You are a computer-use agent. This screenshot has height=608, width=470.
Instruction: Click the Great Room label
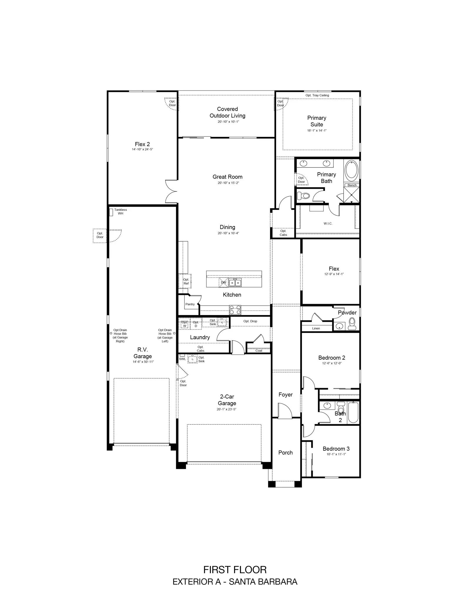pyautogui.click(x=227, y=177)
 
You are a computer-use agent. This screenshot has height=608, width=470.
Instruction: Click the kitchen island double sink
pyautogui.click(x=235, y=283)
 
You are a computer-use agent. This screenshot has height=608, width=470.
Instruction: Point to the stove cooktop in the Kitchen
pyautogui.click(x=235, y=310)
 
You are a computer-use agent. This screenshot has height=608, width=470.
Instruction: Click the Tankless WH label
pyautogui.click(x=120, y=211)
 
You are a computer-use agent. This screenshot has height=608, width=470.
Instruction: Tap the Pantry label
pyautogui.click(x=190, y=304)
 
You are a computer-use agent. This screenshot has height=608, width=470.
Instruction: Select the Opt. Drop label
pyautogui.click(x=250, y=321)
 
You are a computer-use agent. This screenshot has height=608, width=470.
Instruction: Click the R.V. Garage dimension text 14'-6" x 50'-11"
pyautogui.click(x=143, y=362)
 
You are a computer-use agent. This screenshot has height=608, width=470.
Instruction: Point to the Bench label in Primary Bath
pyautogui.click(x=352, y=185)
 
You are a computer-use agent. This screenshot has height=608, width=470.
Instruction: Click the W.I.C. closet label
pyautogui.click(x=328, y=224)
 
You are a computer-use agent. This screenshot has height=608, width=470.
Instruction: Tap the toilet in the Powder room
pyautogui.click(x=352, y=324)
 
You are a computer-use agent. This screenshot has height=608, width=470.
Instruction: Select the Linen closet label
pyautogui.click(x=316, y=328)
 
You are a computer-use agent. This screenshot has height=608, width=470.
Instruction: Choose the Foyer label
pyautogui.click(x=286, y=395)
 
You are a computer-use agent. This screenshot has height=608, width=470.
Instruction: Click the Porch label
pyautogui.click(x=286, y=452)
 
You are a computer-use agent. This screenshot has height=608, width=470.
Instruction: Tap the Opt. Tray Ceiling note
pyautogui.click(x=317, y=95)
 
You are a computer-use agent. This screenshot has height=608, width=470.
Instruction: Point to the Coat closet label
pyautogui.click(x=259, y=351)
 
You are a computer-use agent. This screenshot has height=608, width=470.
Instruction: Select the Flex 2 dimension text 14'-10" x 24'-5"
pyautogui.click(x=142, y=149)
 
